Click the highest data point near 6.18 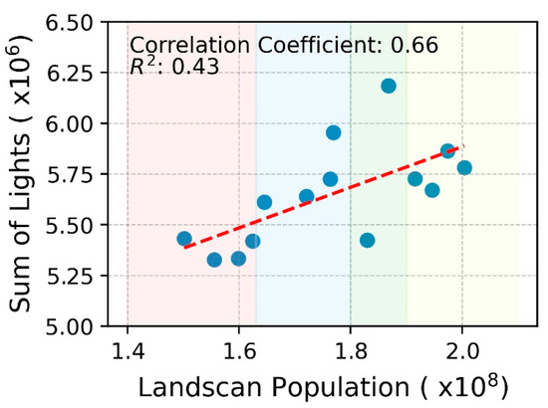point(389,86)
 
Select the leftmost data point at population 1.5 point(184,239)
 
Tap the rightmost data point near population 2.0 point(464,167)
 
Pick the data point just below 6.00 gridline point(334,132)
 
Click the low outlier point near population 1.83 point(367,240)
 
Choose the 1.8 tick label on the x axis point(351,350)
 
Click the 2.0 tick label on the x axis point(462,350)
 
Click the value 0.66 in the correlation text point(417,46)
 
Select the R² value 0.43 point(197,68)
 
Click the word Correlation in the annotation point(185,46)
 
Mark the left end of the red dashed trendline point(185,246)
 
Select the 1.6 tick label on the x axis point(239,350)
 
